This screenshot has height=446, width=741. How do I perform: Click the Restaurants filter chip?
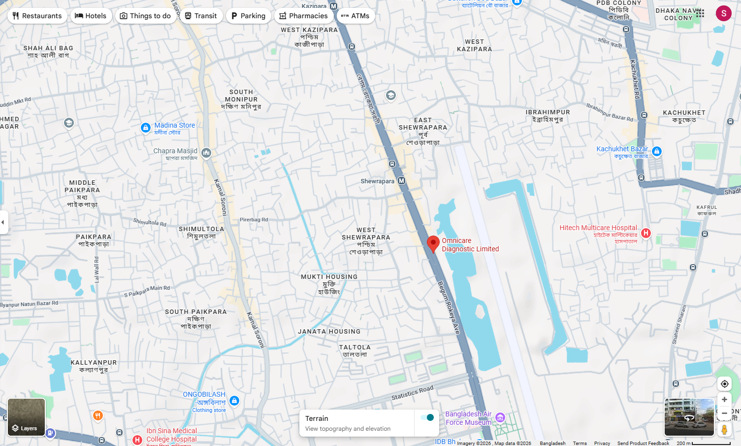click(x=37, y=16)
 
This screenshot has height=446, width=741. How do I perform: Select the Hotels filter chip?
click(x=91, y=16)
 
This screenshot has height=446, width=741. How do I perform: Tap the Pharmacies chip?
click(x=303, y=16)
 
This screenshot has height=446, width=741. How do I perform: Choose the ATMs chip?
click(x=355, y=16)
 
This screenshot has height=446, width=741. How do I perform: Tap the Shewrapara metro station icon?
click(x=402, y=181)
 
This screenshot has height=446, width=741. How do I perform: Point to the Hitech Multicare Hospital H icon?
click(x=646, y=233)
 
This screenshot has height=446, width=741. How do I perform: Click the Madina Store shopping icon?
click(x=146, y=128)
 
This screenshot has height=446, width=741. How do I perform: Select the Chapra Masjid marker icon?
click(x=206, y=153)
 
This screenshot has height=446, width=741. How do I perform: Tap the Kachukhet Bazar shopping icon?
click(x=656, y=151)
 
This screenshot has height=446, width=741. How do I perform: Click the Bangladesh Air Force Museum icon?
click(x=500, y=418)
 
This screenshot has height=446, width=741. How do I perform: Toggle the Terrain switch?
click(x=427, y=417)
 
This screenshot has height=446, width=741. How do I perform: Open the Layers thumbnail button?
click(x=26, y=417)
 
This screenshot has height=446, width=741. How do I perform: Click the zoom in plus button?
click(x=724, y=400)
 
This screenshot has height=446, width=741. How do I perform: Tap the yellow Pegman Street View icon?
click(x=724, y=430)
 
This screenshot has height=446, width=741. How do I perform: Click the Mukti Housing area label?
click(x=329, y=277)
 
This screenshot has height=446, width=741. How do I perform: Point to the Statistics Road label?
click(x=412, y=393)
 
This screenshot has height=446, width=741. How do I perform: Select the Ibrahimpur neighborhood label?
click(x=548, y=112)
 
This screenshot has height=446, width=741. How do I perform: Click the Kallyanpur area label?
click(x=94, y=363)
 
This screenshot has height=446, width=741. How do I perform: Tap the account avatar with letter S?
click(x=723, y=13)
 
